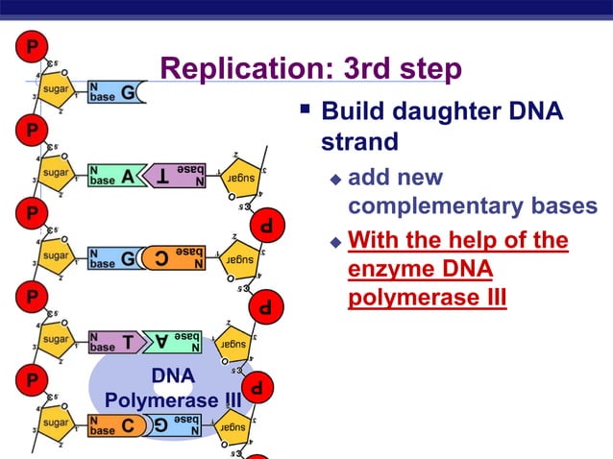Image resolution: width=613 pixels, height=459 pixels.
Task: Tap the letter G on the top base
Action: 128,93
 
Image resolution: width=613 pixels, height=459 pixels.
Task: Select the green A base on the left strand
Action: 128,176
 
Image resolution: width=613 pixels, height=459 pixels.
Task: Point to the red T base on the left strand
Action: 128,342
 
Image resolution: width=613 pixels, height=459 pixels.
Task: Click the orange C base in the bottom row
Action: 128,426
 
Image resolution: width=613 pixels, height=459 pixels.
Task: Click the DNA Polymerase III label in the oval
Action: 173,387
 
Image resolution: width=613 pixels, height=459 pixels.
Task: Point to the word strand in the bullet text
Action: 359,143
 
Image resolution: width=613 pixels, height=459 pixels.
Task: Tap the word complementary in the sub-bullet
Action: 438,206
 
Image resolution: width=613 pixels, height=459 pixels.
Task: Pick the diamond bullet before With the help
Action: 335,241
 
